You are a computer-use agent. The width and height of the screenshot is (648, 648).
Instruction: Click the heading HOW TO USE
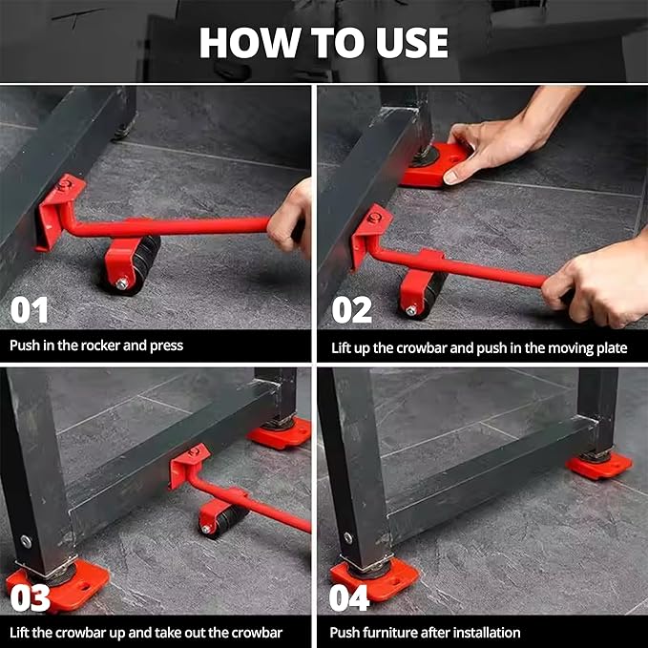[x=324, y=42]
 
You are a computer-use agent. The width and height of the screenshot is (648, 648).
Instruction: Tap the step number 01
[x=30, y=310]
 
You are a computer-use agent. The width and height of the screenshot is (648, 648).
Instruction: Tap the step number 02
[x=352, y=310]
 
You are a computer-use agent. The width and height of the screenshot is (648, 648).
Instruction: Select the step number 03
[x=30, y=597]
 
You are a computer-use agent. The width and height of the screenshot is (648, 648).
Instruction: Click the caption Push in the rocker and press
[x=96, y=345]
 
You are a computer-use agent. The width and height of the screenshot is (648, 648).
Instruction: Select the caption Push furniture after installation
[x=425, y=632]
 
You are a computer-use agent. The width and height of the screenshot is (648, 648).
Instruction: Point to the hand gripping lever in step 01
[x=291, y=218]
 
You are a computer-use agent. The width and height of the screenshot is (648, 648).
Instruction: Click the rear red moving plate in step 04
[x=598, y=465]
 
